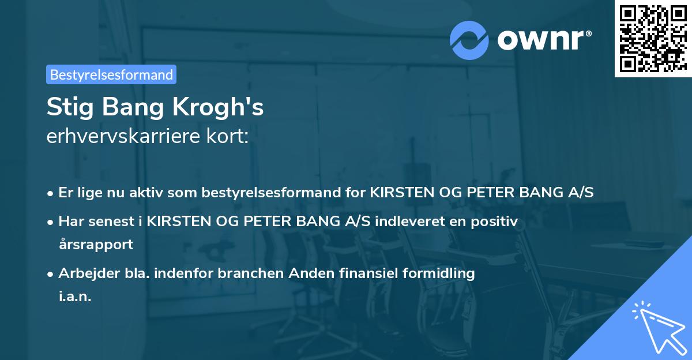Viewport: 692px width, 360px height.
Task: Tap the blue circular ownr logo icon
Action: click(x=469, y=40)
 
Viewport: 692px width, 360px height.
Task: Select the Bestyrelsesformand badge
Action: click(x=111, y=74)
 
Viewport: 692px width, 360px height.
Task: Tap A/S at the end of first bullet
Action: click(x=580, y=193)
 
